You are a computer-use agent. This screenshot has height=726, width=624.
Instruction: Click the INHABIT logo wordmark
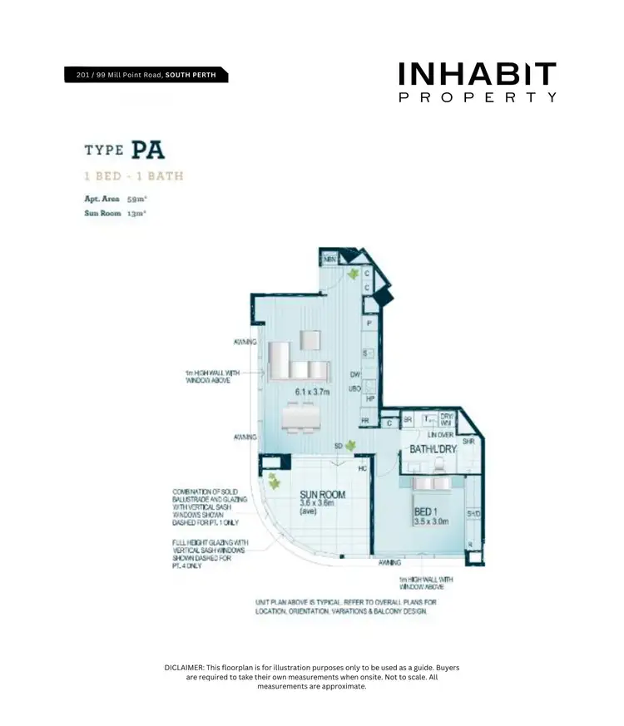[x=478, y=75]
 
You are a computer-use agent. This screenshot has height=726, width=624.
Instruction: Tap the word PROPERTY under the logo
[x=478, y=97]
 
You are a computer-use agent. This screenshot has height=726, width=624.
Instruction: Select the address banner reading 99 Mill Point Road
[x=146, y=76]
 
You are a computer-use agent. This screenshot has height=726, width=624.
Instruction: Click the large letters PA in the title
[x=147, y=151]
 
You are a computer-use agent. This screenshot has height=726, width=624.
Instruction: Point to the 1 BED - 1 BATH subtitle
[x=133, y=176]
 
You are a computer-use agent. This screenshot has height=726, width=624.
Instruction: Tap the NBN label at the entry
[x=329, y=260]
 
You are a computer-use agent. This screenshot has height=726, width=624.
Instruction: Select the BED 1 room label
[x=427, y=512]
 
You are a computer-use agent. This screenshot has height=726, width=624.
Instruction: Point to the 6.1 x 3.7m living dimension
[x=312, y=392]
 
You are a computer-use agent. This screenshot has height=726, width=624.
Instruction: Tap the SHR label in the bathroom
[x=468, y=442]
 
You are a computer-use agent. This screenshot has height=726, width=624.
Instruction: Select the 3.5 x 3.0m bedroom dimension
[x=431, y=522]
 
